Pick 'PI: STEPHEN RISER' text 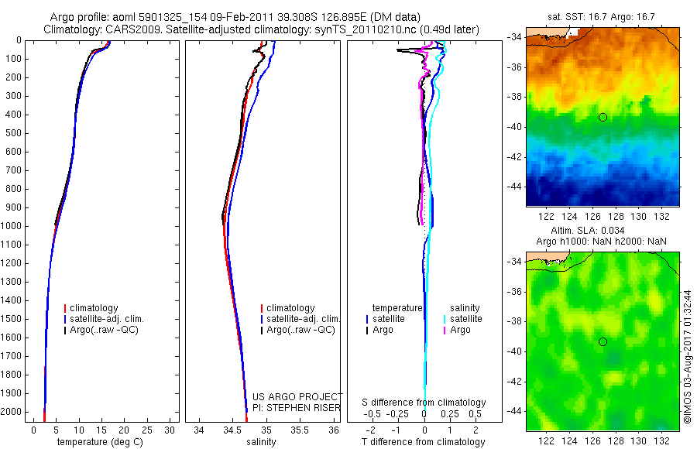(297, 408)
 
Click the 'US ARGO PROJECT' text (297, 397)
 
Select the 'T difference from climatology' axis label (424, 442)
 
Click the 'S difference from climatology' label (424, 403)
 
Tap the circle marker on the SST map (603, 117)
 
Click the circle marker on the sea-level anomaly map (603, 341)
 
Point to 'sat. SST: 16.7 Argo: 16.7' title (603, 15)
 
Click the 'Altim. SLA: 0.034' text (603, 231)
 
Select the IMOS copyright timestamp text (688, 356)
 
